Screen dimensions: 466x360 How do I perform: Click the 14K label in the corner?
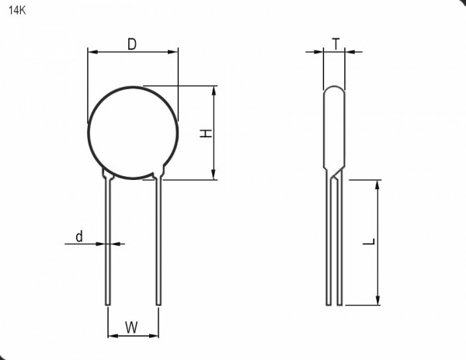click(17, 11)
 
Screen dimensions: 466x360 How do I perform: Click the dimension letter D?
click(132, 44)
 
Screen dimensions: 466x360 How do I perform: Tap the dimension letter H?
click(205, 133)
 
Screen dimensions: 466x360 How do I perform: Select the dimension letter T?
click(336, 44)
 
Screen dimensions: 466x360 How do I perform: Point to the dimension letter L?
click(369, 241)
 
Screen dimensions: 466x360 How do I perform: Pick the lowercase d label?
click(79, 237)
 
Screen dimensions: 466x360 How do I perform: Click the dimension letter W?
click(131, 327)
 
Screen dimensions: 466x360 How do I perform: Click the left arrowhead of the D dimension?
click(93, 52)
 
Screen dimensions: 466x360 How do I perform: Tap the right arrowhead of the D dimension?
click(172, 52)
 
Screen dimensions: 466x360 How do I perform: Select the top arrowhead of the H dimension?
click(214, 91)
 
